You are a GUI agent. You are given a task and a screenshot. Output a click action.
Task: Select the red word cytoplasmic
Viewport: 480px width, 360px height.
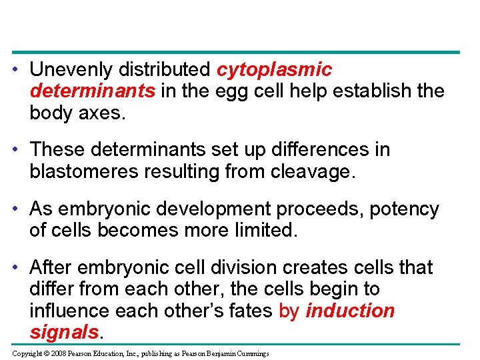click(275, 69)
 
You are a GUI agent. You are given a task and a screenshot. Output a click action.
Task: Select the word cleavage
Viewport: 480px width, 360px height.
click(314, 171)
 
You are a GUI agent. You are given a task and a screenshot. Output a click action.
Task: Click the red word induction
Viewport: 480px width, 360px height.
click(350, 310)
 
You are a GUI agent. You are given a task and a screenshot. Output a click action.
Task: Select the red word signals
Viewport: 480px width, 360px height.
click(64, 331)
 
